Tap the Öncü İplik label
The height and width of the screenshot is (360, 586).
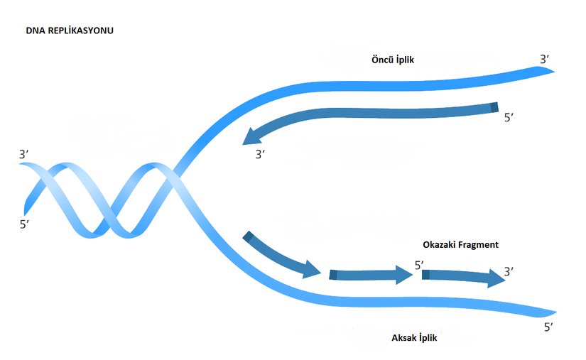point(394,60)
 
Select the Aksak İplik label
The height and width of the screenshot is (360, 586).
point(414,338)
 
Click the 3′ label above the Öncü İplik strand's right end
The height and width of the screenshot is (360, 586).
point(544,60)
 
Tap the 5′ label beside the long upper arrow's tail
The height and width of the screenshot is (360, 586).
point(509,119)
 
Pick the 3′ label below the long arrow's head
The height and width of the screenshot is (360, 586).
point(260,153)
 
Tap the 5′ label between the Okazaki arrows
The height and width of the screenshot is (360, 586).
point(420,266)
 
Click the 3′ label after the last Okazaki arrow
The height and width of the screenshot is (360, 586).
point(509,271)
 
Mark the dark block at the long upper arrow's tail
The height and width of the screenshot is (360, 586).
point(495,107)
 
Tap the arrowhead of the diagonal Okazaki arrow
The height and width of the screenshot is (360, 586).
point(313,269)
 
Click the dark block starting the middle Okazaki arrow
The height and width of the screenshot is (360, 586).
point(332,274)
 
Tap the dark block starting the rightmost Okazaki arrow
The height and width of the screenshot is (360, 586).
point(424,274)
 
